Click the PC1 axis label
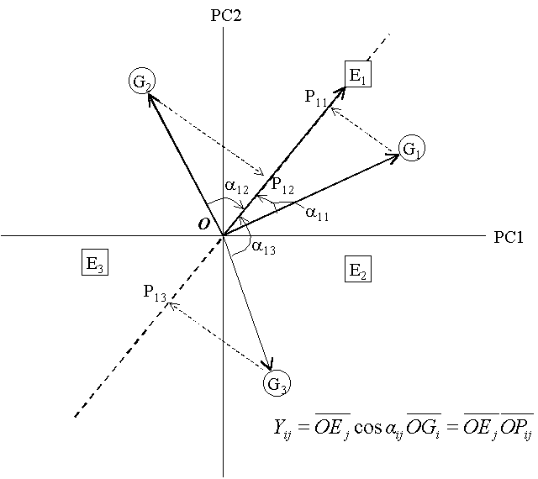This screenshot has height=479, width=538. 509,236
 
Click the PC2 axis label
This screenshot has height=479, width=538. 227,14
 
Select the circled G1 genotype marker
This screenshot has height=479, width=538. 411,149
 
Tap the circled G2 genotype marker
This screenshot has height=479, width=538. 141,82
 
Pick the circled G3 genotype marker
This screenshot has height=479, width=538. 277,384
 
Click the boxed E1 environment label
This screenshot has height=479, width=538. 358,74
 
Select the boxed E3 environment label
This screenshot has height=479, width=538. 94,263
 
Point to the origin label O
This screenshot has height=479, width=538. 204,224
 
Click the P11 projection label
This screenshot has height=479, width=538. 317,97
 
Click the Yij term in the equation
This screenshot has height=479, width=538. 277,426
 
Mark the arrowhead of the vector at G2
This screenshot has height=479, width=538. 150,96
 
